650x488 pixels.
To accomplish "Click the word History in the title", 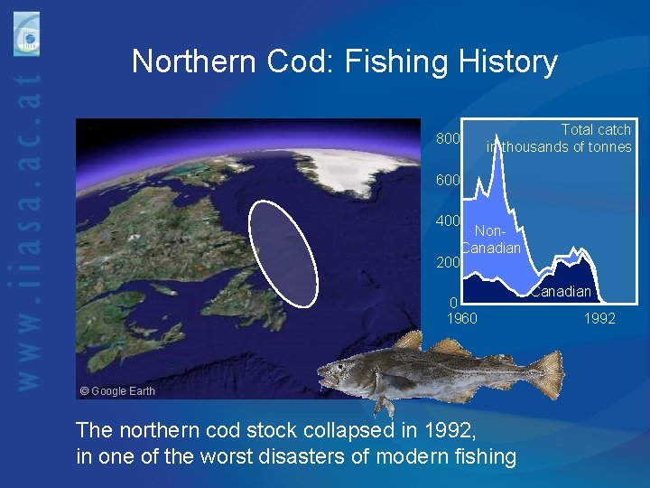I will [508, 62].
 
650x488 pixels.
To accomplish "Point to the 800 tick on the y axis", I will [449, 139].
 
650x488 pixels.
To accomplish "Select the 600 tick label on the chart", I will [449, 180].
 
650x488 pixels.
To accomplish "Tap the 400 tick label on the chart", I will [449, 221].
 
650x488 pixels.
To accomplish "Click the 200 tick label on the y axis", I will [449, 263].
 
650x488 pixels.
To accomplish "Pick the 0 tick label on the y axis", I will [454, 303].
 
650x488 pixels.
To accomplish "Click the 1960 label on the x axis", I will [462, 318].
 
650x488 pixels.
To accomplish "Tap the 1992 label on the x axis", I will [599, 318].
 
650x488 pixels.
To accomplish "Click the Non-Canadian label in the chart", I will [492, 239].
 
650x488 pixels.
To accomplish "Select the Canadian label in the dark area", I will [561, 291].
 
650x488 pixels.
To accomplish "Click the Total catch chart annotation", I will [560, 138].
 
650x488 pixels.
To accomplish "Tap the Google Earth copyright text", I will [117, 391].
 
